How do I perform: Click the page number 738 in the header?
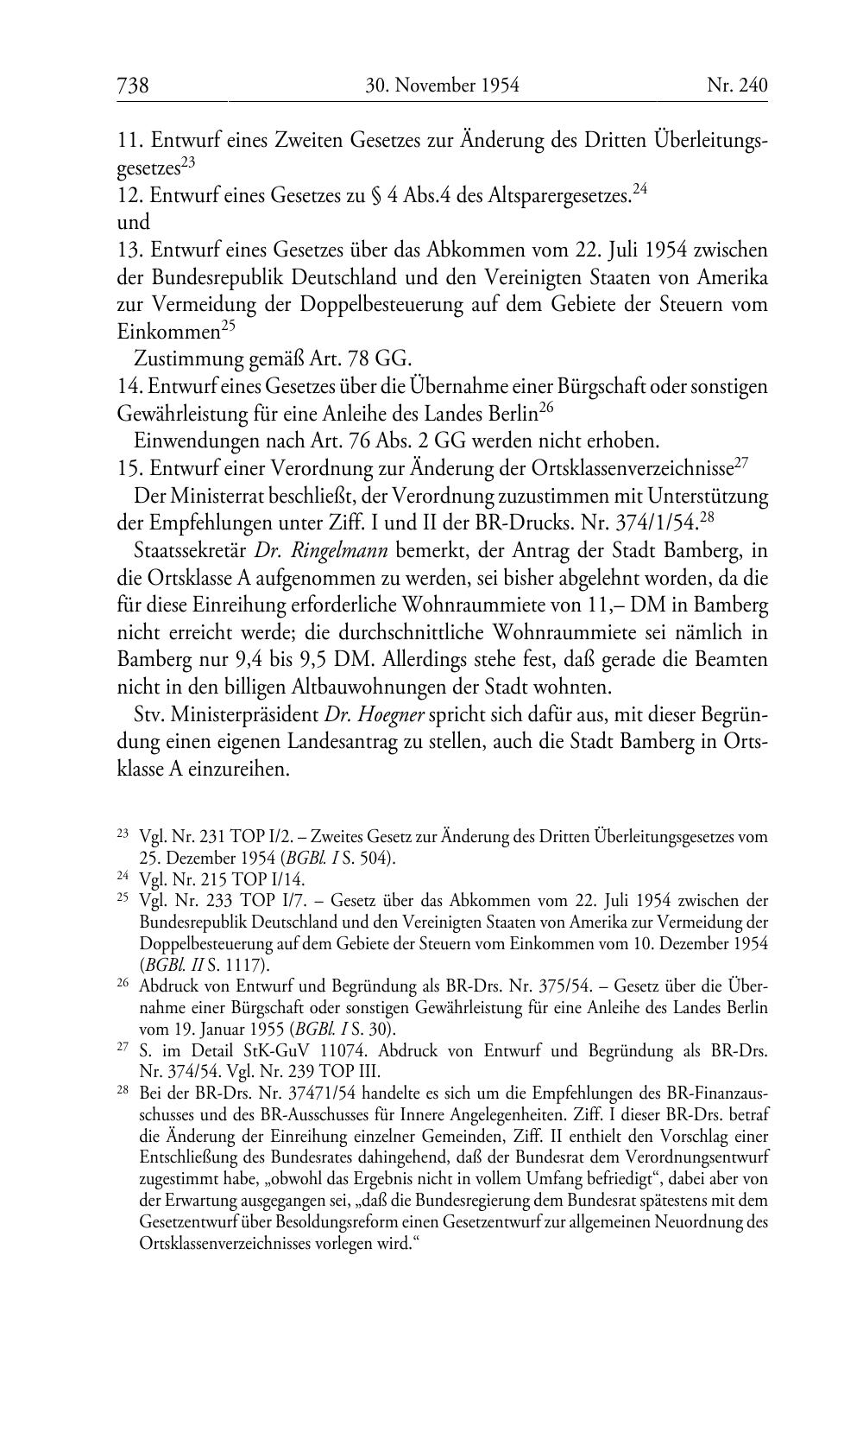pyautogui.click(x=133, y=86)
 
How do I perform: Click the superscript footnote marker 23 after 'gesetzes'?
pyautogui.click(x=188, y=161)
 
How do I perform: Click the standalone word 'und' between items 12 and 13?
pyautogui.click(x=133, y=222)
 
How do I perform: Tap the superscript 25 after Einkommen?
pyautogui.click(x=228, y=326)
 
